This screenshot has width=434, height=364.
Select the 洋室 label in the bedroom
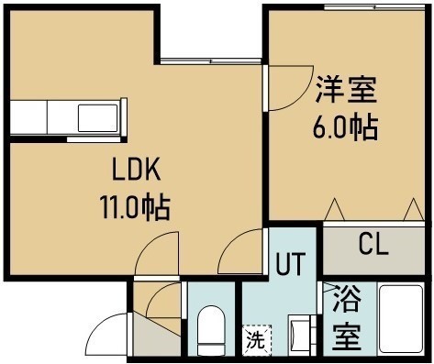[x=346, y=90]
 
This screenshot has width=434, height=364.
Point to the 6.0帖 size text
[x=344, y=127]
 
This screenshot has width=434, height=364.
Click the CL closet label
[x=373, y=244]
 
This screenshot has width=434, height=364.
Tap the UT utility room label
[x=291, y=263]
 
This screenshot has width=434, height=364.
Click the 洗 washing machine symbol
[x=257, y=340]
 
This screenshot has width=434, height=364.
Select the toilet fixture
[x=211, y=329]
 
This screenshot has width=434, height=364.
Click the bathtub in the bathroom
[x=401, y=319]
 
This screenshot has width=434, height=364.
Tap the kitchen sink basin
[x=98, y=118]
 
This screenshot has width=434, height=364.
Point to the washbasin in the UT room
[x=302, y=336]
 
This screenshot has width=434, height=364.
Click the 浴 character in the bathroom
[x=347, y=298]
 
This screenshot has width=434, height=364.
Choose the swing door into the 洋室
[x=289, y=88]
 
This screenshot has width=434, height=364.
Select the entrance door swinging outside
[x=108, y=334]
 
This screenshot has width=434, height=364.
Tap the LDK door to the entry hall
[x=157, y=253]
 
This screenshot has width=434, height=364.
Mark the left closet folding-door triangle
[x=334, y=209]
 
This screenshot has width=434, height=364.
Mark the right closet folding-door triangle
[x=414, y=209]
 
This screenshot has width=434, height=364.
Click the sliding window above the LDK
[x=211, y=61]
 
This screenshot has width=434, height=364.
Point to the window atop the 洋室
[x=374, y=7]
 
